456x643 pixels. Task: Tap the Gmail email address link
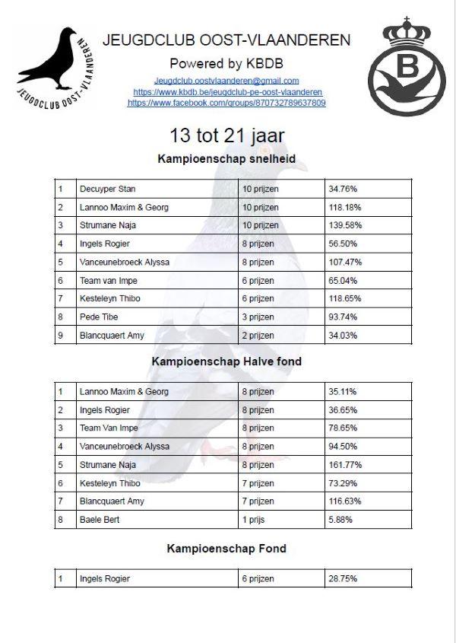(226, 81)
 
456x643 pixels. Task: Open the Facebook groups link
(226, 103)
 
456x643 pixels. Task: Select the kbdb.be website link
(226, 92)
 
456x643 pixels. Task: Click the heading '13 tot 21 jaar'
(227, 136)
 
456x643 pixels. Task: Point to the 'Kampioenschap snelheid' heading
(226, 160)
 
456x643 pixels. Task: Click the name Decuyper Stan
(107, 189)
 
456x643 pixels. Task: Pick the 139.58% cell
(345, 225)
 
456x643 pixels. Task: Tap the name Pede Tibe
(99, 317)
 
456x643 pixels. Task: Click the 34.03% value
(343, 336)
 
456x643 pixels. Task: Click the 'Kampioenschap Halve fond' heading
(226, 361)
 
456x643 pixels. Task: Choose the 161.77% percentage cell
(345, 465)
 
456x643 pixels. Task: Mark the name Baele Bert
(100, 520)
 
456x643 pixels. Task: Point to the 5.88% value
(340, 520)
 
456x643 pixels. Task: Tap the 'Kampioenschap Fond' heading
(226, 549)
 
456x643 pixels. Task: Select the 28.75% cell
(343, 579)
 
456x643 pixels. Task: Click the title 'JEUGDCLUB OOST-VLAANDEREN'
(226, 40)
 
